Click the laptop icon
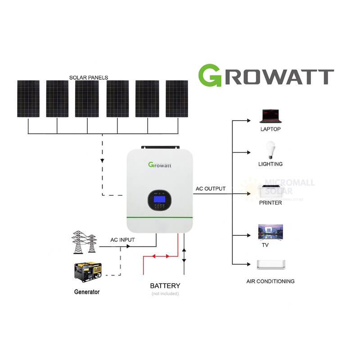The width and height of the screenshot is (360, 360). click(270, 116)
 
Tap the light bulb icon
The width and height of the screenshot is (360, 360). click(270, 149)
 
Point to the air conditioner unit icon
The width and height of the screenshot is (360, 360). click(270, 265)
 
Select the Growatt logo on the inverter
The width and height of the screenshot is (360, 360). click(160, 164)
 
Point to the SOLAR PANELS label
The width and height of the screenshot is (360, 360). click(89, 77)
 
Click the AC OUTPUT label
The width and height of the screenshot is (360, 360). click(211, 189)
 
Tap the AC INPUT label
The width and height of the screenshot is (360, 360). click(123, 240)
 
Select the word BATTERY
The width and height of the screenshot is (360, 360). click(165, 286)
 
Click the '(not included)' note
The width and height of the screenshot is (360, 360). click(165, 294)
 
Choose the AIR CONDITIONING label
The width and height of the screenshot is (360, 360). click(270, 281)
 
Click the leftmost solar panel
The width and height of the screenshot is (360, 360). click(28, 99)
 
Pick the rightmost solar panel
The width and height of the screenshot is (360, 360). click(176, 99)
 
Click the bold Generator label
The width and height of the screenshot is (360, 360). click(87, 292)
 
